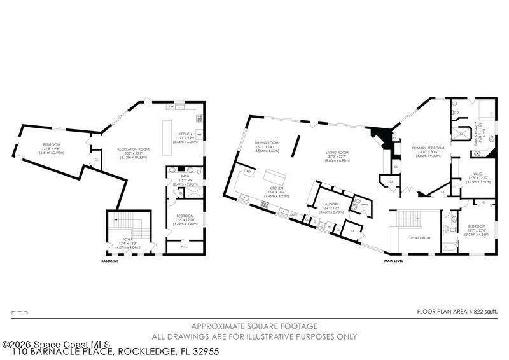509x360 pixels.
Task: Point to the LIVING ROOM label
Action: tap(338, 153)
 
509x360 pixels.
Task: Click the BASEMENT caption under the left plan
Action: tap(109, 261)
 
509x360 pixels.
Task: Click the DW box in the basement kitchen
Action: tap(172, 107)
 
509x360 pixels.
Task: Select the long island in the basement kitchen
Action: tap(169, 135)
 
